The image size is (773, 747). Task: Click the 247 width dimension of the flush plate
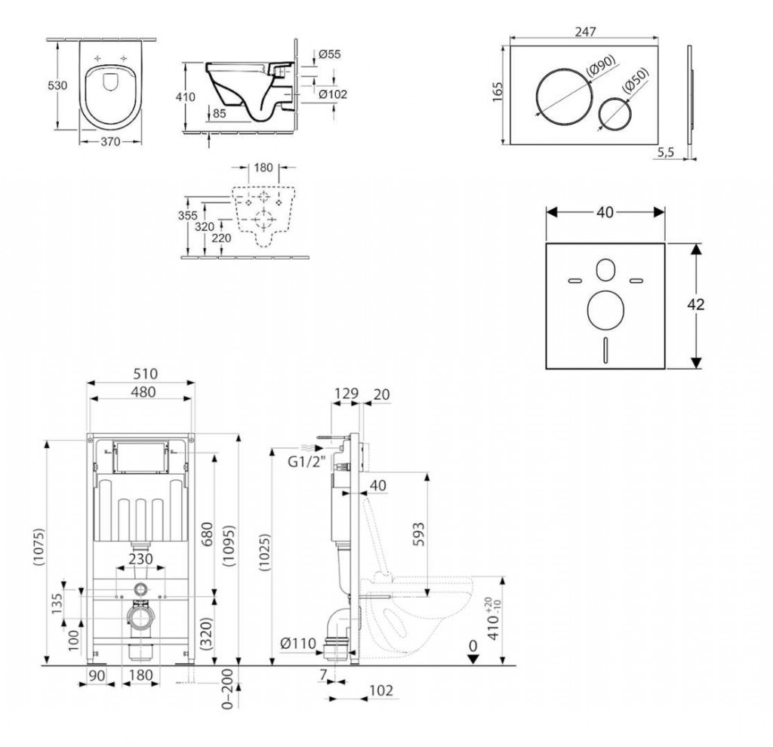pos(585,32)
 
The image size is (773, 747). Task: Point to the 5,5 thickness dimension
pos(665,152)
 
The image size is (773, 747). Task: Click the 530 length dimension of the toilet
pos(57,85)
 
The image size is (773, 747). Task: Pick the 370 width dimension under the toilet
pos(110,142)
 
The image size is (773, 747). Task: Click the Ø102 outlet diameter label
pos(333,94)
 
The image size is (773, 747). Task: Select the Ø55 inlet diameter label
pos(329,54)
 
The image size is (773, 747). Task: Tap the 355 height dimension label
pos(187,215)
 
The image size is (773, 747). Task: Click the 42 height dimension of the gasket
pos(695,305)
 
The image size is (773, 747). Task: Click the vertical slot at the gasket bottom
pos(605,350)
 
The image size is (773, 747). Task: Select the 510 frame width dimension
pos(146,373)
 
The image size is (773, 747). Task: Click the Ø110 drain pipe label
pos(297,643)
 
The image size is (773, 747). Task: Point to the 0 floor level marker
pos(473,645)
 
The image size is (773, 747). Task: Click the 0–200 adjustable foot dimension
pos(227,688)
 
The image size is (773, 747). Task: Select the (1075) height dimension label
pos(39,546)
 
